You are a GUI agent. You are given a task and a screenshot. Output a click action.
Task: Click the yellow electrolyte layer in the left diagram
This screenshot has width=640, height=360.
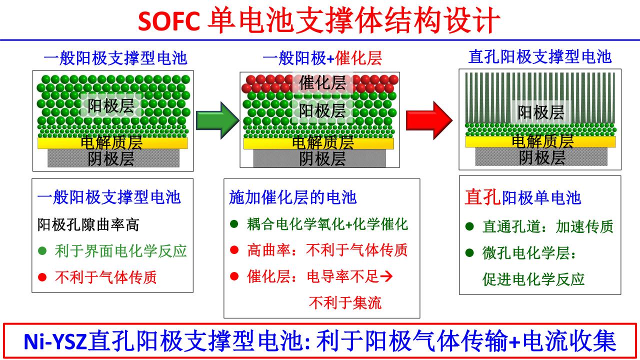click(x=112, y=143)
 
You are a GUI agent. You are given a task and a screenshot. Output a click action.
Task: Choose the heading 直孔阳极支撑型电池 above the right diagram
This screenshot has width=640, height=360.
click(x=540, y=56)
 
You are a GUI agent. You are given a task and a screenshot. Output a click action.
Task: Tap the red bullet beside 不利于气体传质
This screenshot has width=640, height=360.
click(x=42, y=276)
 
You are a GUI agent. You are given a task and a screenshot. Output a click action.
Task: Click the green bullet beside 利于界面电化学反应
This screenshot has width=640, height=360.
click(x=42, y=250)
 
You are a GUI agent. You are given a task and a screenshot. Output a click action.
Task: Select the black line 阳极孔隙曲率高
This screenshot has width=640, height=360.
click(x=88, y=224)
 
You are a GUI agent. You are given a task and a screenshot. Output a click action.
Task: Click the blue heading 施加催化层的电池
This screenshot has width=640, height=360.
click(x=292, y=197)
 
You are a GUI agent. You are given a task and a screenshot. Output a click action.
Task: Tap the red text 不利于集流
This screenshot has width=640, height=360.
click(x=345, y=302)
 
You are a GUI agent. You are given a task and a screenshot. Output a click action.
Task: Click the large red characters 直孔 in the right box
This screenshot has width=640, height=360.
click(x=482, y=197)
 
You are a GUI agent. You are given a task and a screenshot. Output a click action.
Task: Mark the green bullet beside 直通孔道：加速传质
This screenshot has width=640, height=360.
click(x=469, y=226)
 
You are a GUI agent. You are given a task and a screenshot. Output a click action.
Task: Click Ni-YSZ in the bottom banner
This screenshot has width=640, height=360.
click(x=55, y=342)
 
